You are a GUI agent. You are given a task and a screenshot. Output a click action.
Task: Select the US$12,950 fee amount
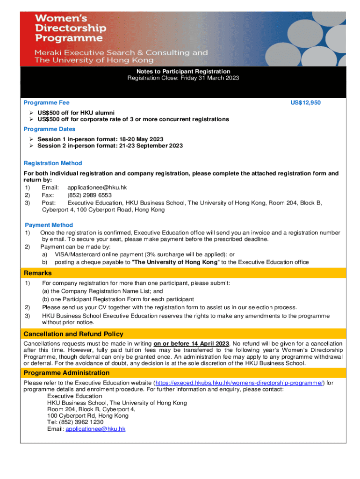pos(304,102)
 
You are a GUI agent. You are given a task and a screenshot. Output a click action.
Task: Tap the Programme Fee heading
pos(47,102)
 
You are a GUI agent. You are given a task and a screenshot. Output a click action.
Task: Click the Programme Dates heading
pos(50,129)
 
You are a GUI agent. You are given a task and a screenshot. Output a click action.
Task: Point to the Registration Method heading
pos(53,163)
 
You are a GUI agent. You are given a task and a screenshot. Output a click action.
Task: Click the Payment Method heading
pos(49,225)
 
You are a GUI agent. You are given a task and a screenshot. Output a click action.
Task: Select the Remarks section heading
pos(38,273)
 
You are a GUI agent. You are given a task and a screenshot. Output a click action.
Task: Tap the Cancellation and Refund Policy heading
pos(73,334)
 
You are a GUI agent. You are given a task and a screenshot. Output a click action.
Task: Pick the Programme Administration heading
pos(67,373)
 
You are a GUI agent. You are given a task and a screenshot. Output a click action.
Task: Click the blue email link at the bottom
pos(95,428)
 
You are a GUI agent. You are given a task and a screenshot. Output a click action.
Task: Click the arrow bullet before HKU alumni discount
pos(31,113)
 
